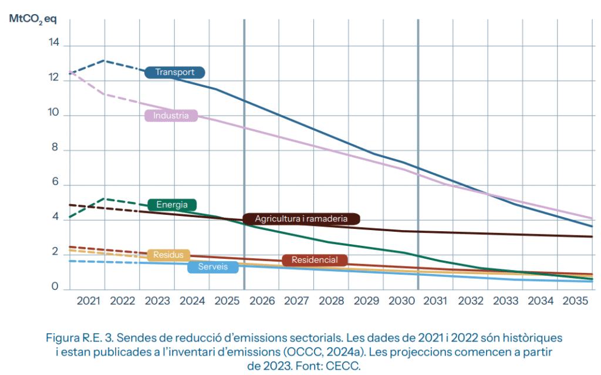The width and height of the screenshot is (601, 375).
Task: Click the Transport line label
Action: (x=174, y=72)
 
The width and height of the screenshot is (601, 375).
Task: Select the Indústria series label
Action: (x=171, y=116)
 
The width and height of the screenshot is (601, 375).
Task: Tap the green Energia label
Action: (x=172, y=205)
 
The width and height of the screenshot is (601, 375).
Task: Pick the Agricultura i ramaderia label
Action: (x=301, y=219)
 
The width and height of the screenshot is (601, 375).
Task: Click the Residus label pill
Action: (x=168, y=255)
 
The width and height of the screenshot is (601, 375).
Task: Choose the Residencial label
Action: (x=315, y=260)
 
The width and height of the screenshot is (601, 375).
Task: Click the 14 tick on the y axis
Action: (x=54, y=42)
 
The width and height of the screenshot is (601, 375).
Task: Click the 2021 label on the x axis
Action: (x=87, y=301)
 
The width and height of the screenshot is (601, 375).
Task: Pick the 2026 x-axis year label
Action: (x=262, y=301)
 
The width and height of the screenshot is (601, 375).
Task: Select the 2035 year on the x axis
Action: (x=575, y=301)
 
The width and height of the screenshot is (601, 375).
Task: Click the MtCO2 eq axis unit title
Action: (x=33, y=18)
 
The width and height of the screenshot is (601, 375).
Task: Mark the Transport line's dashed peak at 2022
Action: (x=104, y=60)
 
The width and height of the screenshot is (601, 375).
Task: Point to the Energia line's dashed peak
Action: (x=104, y=199)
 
